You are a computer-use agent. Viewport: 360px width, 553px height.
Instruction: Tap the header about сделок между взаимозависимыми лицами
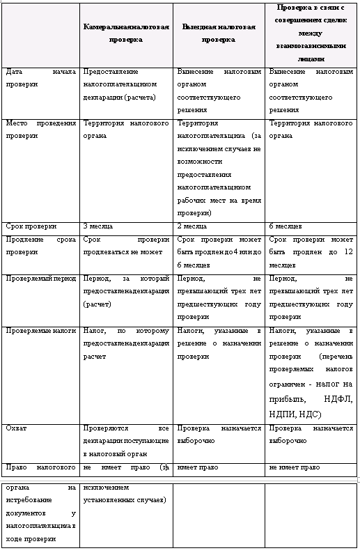pos(311,33)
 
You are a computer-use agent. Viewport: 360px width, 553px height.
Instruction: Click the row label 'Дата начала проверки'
pos(40,77)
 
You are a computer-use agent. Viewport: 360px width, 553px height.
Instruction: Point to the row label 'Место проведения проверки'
pos(40,130)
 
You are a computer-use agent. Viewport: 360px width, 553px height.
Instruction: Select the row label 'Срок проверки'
pos(28,227)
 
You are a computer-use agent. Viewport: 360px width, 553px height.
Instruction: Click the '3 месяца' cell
pos(96,227)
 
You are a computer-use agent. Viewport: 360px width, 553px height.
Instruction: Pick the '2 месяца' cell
pos(190,227)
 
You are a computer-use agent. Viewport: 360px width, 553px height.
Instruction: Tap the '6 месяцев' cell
pos(285,227)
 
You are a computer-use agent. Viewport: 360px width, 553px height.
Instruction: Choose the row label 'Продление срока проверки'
pos(40,246)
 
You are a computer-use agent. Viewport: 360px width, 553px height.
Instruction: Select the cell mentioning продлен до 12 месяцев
pos(311,252)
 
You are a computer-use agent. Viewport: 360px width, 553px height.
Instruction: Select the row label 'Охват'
pos(17,428)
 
